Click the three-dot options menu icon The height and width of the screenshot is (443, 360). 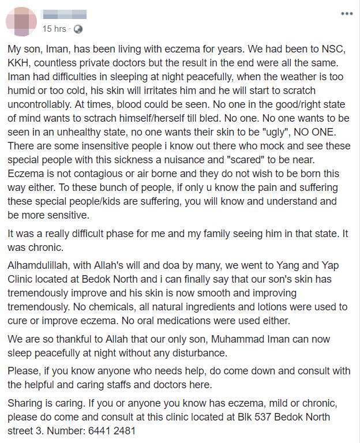click(x=346, y=13)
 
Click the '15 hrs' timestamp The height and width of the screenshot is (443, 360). click(x=55, y=28)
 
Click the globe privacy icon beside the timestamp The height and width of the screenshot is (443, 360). click(x=78, y=28)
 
